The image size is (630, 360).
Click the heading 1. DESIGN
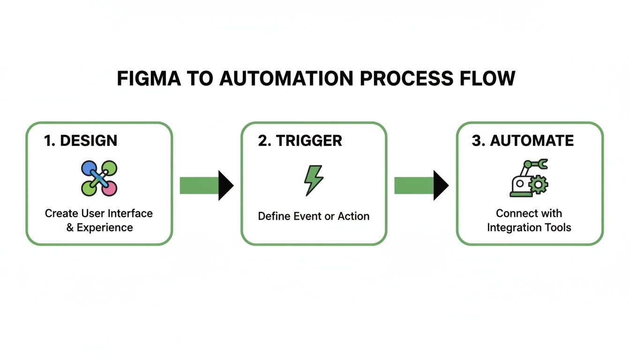(81, 141)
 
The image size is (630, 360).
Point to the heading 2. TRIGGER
(300, 141)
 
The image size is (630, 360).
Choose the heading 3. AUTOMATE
(523, 141)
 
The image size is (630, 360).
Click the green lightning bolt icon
(313, 180)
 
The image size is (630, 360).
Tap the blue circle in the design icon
(89, 168)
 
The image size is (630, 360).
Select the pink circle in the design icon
(109, 188)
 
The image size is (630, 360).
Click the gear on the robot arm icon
(538, 185)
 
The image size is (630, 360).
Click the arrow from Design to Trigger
(206, 186)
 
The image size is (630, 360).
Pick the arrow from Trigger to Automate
(421, 186)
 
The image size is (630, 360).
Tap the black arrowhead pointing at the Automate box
(441, 186)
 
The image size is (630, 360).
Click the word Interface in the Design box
(131, 214)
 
